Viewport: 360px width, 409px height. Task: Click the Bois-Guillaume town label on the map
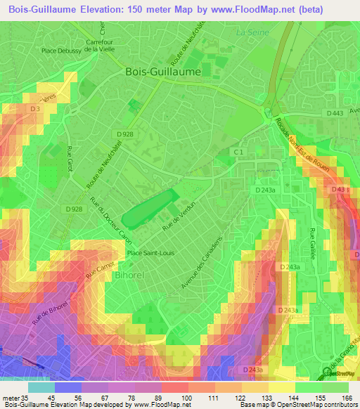(162, 72)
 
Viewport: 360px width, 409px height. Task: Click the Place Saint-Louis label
(150, 253)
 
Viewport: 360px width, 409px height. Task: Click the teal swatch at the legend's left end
(41, 387)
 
